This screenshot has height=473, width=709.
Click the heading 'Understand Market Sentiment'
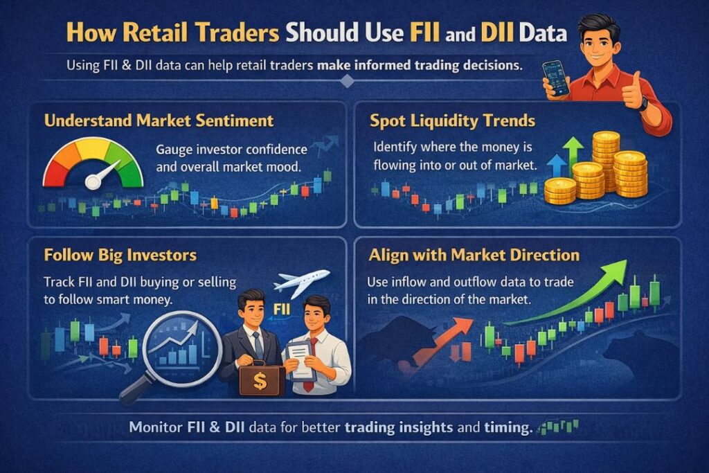click(159, 121)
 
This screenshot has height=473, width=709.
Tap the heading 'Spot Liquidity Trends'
click(452, 121)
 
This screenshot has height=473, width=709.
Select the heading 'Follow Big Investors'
click(120, 255)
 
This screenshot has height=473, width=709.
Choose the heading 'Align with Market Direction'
click(474, 255)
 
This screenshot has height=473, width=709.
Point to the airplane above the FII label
click(299, 280)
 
